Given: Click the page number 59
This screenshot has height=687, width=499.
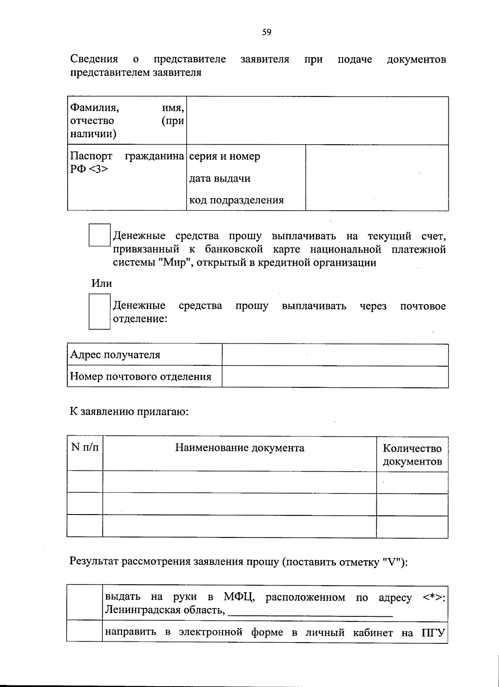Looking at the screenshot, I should (267, 32).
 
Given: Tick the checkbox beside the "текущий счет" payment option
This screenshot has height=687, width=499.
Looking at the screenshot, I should (99, 235).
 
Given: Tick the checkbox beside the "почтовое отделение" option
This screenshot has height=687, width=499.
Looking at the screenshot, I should (99, 311).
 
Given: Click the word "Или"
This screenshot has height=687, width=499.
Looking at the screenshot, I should (101, 283).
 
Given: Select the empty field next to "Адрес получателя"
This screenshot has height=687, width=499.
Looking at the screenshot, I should (335, 355).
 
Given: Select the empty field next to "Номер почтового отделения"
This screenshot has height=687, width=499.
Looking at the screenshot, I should (335, 377).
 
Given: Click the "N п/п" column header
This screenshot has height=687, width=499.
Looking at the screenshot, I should (85, 447).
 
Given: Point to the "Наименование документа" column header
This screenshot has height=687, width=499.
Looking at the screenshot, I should (240, 448).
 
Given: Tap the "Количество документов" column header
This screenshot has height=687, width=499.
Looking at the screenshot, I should (412, 455).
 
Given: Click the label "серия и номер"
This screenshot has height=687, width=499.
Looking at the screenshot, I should (225, 156).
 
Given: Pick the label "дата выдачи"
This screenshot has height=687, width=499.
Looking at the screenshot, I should (220, 178).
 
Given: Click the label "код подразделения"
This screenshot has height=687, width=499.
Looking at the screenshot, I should (236, 200).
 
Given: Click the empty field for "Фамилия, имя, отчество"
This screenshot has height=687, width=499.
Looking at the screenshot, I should (317, 121).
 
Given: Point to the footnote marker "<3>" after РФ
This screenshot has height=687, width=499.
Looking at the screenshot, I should (99, 169).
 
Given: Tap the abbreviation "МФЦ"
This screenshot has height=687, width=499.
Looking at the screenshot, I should (239, 597).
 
